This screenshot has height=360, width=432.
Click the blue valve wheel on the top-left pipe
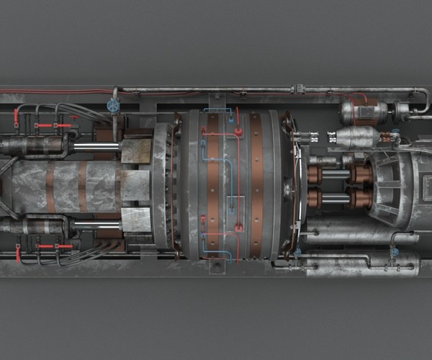click(113, 105)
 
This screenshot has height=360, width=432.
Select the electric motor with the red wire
click(364, 110)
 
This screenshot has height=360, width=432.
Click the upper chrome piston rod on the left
click(96, 147)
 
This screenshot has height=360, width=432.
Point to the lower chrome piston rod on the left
click(96, 225)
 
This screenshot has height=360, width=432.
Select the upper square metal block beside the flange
click(136, 151)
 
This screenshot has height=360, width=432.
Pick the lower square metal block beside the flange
click(136, 220)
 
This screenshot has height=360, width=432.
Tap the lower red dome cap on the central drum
click(238, 228)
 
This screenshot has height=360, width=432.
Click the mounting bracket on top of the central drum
click(216, 101)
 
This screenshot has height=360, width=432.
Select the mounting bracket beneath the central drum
click(216, 267)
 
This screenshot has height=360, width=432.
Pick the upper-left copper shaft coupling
click(314, 174)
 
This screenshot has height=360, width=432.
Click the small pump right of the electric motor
click(402, 110)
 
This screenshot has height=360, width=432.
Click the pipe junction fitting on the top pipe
click(298, 89)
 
